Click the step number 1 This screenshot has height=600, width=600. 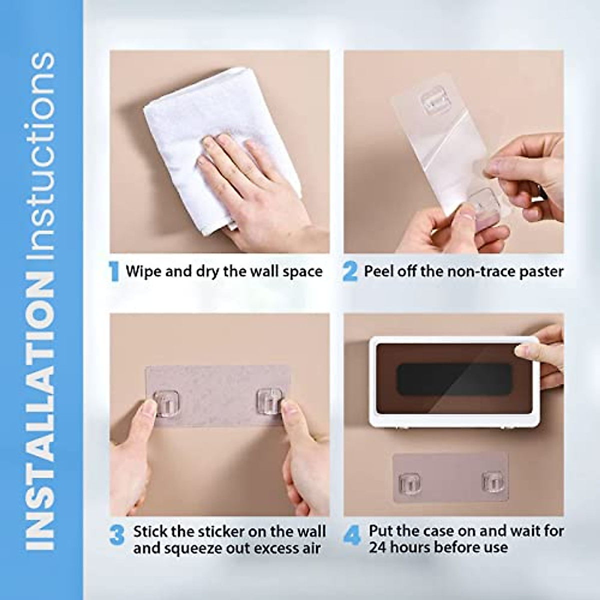coord(114,271)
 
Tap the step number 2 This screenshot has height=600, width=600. coord(350,271)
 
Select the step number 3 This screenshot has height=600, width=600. coord(116,535)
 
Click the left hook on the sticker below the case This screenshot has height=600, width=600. coord(409,483)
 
